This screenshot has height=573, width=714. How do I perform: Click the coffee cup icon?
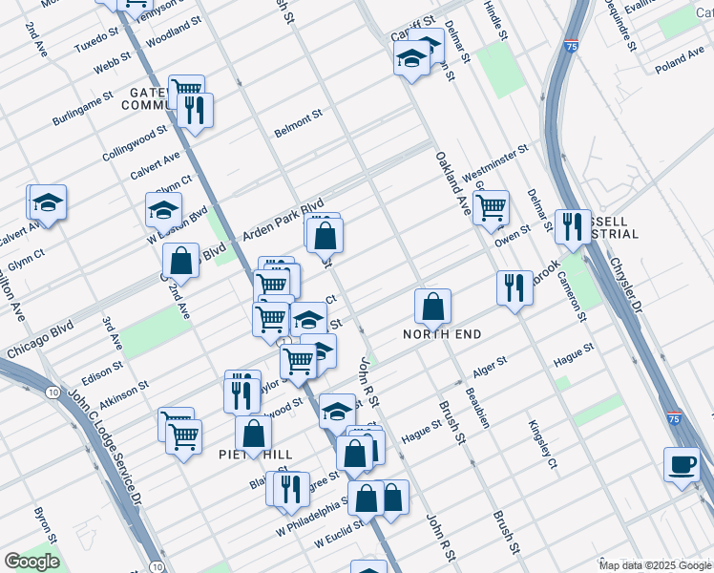[x=682, y=463]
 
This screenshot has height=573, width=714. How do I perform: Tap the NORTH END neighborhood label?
[x=442, y=334]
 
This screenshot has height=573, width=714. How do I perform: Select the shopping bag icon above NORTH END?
[x=432, y=306]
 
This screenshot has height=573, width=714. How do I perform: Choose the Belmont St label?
[x=298, y=121]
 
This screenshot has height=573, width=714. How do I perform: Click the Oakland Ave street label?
[x=452, y=183]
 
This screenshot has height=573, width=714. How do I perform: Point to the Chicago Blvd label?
[x=39, y=341]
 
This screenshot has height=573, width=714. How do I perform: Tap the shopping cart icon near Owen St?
[x=491, y=206]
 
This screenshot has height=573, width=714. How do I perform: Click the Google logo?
[x=31, y=562]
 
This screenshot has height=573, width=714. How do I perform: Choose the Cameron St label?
[x=573, y=286]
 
